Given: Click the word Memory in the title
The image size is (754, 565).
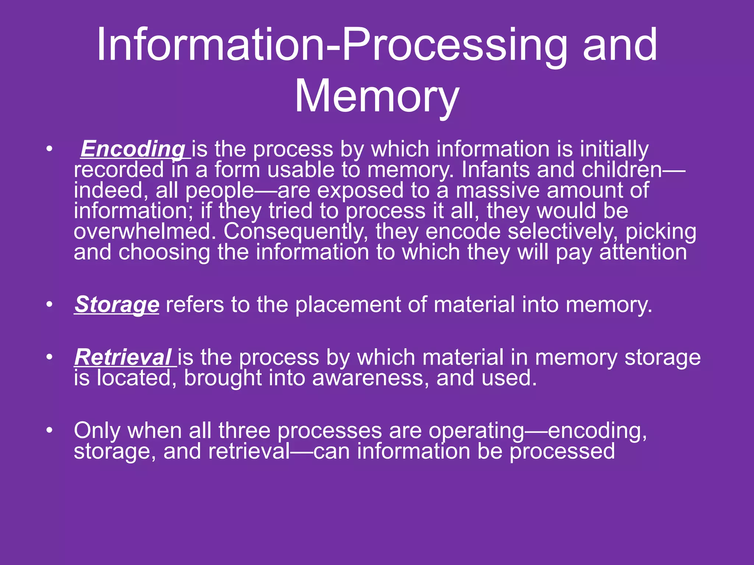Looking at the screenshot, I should [377, 96].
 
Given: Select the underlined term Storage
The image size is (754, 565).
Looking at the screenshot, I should [117, 305].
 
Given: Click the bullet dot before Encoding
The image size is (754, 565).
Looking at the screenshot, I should [50, 150].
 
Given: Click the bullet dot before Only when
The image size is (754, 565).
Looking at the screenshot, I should [50, 430].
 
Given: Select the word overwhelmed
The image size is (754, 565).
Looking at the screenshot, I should [145, 231].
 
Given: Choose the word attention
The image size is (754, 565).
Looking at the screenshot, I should [643, 252].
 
